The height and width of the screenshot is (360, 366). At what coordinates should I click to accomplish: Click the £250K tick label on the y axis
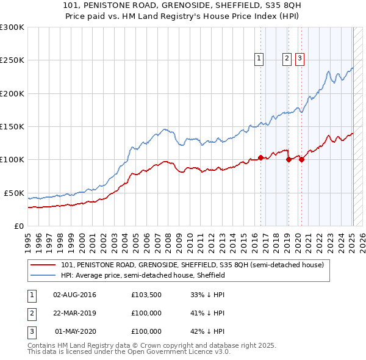point(12,60)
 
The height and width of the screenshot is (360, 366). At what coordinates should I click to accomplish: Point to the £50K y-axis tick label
point(14,193)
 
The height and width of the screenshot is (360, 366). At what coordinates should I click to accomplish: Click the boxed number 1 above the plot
point(259,59)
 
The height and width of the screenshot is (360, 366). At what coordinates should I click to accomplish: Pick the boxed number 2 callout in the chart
point(287,59)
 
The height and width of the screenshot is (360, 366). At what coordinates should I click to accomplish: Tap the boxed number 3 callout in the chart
point(300,59)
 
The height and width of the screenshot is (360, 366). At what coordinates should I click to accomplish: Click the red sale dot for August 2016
point(260,157)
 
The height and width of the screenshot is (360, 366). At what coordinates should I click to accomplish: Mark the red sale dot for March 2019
point(289,160)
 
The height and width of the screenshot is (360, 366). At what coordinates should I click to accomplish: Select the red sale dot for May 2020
point(301,160)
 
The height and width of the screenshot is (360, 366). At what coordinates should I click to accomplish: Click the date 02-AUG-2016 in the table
point(74,295)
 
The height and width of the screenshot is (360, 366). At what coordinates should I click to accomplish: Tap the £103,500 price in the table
point(146,295)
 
